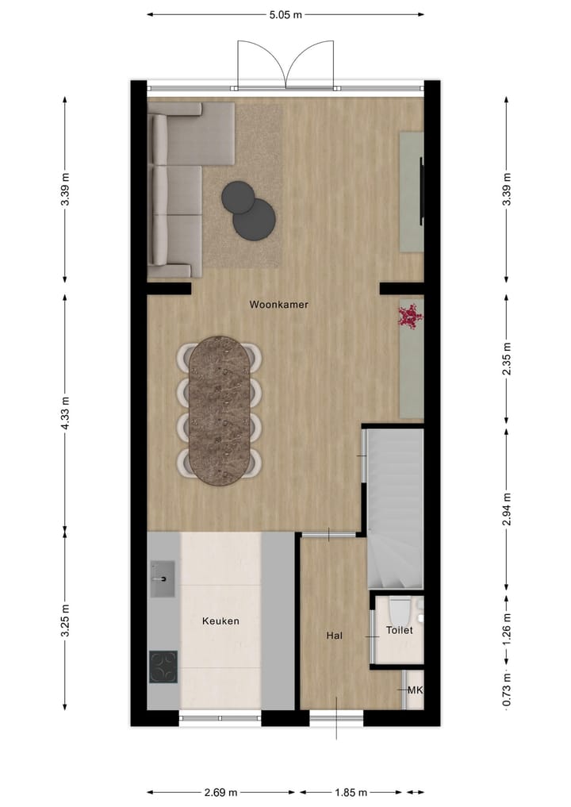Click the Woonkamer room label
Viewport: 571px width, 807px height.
click(x=278, y=304)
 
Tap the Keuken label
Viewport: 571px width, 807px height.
click(x=220, y=621)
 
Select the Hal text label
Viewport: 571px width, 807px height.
click(x=334, y=636)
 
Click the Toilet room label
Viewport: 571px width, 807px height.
click(x=399, y=630)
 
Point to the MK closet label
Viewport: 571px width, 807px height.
click(x=415, y=690)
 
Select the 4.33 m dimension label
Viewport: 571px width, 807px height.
click(x=65, y=413)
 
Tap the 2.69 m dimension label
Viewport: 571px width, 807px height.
click(x=220, y=792)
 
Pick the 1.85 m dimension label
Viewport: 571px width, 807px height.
click(x=350, y=792)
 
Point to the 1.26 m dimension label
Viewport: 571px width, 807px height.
click(x=508, y=626)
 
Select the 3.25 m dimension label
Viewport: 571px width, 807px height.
click(x=65, y=621)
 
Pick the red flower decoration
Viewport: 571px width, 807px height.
click(x=410, y=317)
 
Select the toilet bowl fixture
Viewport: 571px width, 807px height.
click(x=398, y=610)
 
